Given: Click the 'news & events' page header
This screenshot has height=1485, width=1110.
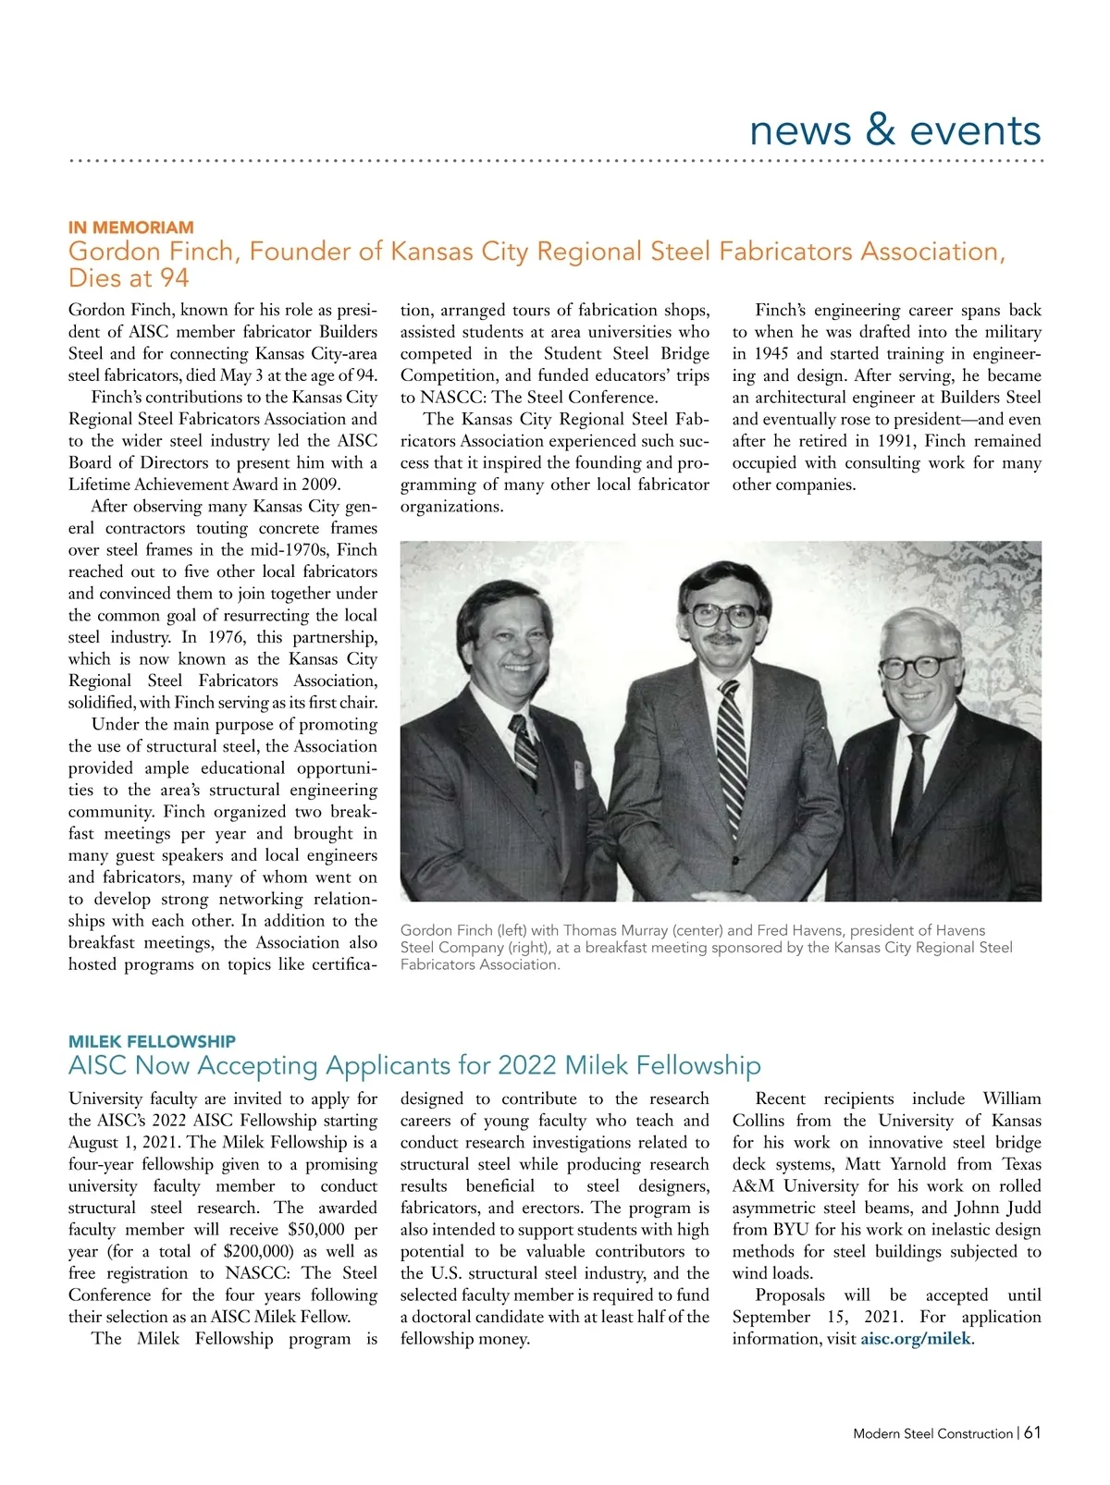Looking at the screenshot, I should (894, 130).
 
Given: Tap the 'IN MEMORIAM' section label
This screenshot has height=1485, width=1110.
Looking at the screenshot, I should (131, 227).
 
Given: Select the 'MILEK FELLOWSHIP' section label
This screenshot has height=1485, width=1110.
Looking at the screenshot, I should (152, 1041).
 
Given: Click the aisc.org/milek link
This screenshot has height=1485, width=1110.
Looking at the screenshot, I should (916, 1339).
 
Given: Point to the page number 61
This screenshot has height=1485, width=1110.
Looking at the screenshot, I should (1033, 1432).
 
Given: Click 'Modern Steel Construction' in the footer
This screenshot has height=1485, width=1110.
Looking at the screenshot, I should (932, 1433).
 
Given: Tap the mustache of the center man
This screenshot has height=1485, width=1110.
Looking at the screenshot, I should (724, 640).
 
